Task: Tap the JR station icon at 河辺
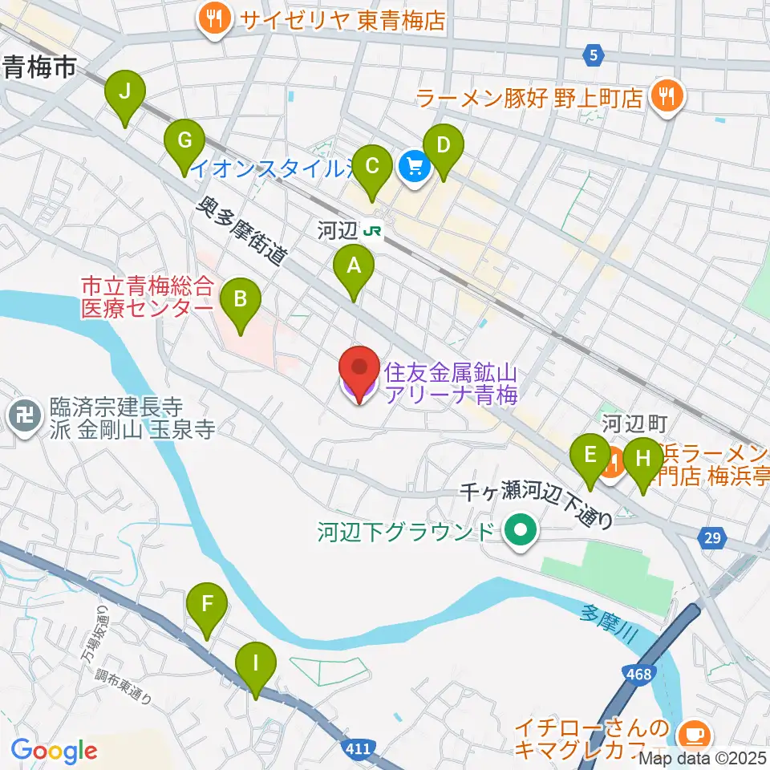click(x=372, y=232)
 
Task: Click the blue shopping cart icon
click(x=414, y=168)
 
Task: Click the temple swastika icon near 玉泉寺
click(x=23, y=415)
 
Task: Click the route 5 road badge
click(x=592, y=55)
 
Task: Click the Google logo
click(x=55, y=750)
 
